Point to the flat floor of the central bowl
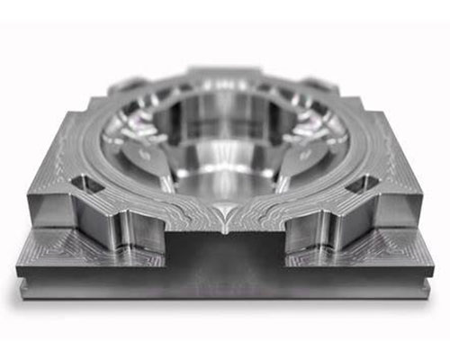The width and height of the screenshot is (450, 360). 225,180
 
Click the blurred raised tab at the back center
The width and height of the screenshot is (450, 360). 225,76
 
